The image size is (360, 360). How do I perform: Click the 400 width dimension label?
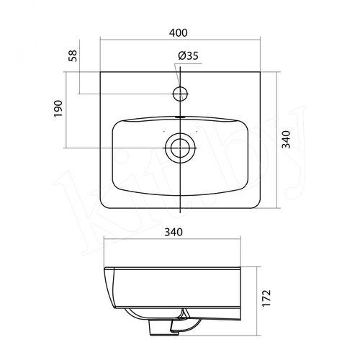pos(178,33)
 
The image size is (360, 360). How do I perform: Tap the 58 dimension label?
pos(73,55)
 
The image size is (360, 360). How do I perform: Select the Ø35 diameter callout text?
pos(189,56)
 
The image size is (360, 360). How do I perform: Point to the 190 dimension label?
pos(58,109)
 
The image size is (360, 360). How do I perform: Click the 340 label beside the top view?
pos(286,140)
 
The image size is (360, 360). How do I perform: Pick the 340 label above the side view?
pos(174,232)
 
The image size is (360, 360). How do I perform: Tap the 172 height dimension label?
pos(266,298)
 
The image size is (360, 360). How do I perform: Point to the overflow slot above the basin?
pos(180,117)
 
